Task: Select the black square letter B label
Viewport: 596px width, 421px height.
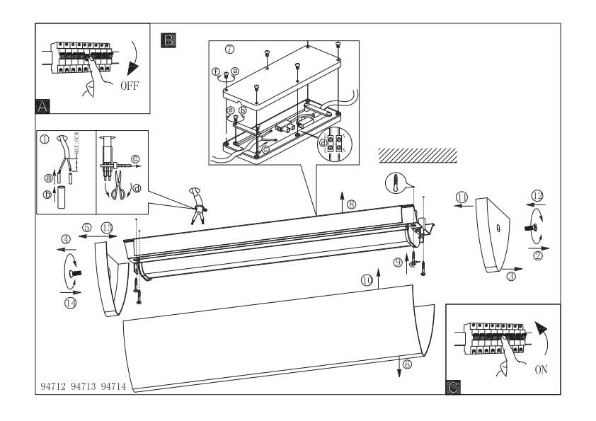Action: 168,40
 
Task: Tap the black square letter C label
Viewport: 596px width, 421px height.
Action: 454,386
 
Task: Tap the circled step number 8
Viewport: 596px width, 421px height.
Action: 351,204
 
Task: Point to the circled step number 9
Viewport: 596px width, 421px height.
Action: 399,262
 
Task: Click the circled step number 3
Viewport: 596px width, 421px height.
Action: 511,278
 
